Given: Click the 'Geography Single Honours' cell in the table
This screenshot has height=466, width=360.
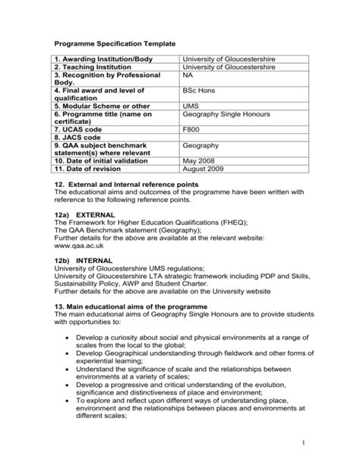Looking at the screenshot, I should pyautogui.click(x=226, y=114).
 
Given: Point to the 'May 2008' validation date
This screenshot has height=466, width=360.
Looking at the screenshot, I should pyautogui.click(x=200, y=161).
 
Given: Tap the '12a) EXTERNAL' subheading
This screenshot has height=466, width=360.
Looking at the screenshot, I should pyautogui.click(x=86, y=215).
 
